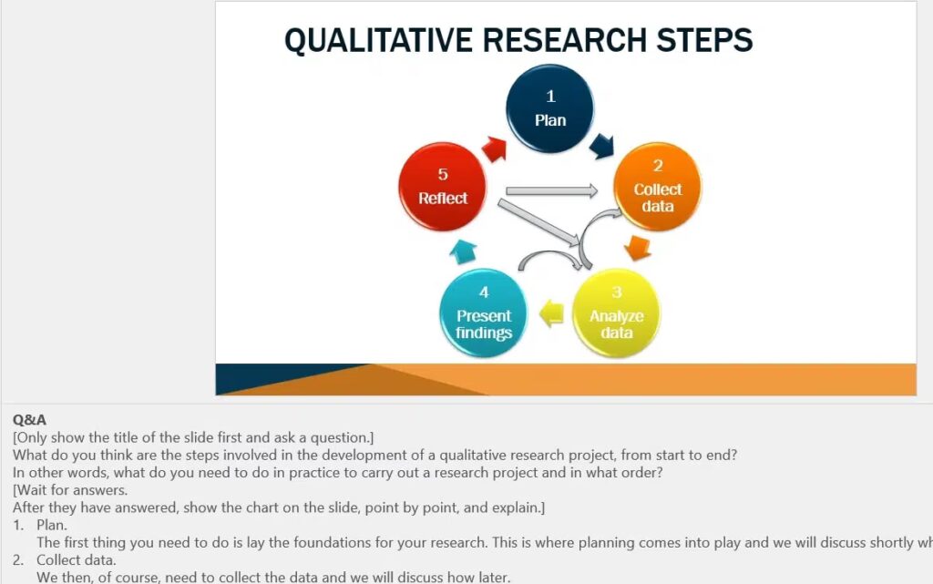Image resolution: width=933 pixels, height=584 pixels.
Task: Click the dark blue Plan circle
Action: [x=549, y=108]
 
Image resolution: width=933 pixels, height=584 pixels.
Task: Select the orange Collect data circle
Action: [x=658, y=187]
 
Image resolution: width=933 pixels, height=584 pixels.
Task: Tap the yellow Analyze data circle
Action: [x=617, y=312]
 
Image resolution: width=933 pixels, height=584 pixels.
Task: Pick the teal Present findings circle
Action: [x=484, y=312]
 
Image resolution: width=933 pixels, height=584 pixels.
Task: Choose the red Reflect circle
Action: [x=442, y=187]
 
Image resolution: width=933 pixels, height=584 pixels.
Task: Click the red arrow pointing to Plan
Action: [x=495, y=149]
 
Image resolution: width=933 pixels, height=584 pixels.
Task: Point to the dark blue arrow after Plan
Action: [x=602, y=146]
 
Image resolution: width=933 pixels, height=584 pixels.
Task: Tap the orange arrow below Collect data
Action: [x=638, y=248]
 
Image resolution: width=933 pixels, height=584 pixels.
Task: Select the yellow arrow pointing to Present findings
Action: [x=551, y=313]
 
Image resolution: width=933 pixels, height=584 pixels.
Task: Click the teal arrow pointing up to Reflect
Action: [x=463, y=251]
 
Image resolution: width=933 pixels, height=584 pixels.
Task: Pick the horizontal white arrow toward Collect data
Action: [x=551, y=190]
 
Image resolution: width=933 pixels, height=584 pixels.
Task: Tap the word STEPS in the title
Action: [x=704, y=40]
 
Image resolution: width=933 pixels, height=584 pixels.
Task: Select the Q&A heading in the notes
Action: [x=29, y=419]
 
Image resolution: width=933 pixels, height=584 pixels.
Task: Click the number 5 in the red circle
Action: [x=443, y=174]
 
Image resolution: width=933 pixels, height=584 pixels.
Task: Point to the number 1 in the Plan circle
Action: [x=550, y=96]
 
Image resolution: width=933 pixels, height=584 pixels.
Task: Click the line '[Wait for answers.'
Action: [x=70, y=490]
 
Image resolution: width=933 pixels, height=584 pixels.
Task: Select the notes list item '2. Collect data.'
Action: [x=65, y=560]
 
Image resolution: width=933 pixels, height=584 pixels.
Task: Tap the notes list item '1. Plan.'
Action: [x=40, y=525]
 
